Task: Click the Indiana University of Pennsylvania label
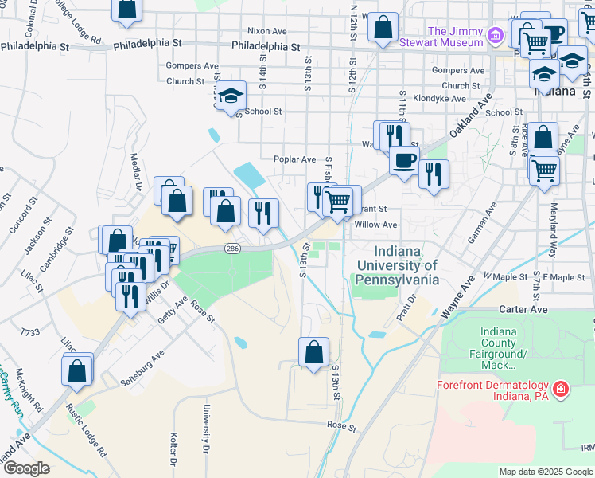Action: click(x=397, y=266)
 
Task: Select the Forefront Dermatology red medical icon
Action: click(x=561, y=389)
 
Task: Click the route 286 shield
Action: click(x=231, y=249)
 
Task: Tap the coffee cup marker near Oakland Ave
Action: click(x=404, y=160)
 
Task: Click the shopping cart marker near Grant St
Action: click(x=339, y=201)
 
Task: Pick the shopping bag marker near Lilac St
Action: click(x=77, y=370)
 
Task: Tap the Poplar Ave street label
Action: click(x=295, y=159)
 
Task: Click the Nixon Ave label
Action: click(x=266, y=30)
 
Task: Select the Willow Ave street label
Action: click(x=375, y=225)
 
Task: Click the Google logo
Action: click(x=25, y=468)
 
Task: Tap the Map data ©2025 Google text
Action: click(x=545, y=472)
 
